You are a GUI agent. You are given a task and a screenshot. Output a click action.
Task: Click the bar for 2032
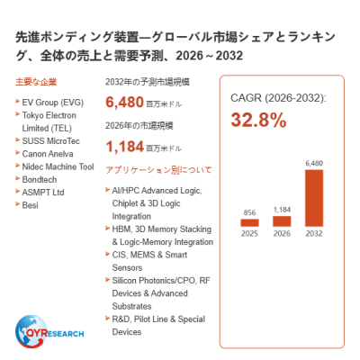(x=314, y=198)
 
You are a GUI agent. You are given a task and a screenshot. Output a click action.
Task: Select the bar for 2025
(x=249, y=222)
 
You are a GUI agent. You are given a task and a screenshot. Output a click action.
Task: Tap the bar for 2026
(x=282, y=221)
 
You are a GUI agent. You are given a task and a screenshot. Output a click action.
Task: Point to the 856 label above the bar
(x=249, y=212)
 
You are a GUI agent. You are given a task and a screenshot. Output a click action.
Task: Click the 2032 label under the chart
(x=314, y=233)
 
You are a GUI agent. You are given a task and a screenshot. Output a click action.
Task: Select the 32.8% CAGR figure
(x=258, y=120)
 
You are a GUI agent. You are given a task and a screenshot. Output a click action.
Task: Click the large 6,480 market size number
(x=124, y=102)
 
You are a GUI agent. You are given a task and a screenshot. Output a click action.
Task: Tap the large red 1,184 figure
(x=125, y=147)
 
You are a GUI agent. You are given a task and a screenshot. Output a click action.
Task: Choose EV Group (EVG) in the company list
(x=53, y=103)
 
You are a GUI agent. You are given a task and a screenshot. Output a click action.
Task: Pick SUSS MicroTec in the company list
(x=51, y=141)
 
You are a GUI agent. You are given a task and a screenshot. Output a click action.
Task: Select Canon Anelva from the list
(x=48, y=154)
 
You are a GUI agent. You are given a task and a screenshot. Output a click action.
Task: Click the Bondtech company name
(x=40, y=180)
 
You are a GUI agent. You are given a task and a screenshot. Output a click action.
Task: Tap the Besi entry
(x=30, y=205)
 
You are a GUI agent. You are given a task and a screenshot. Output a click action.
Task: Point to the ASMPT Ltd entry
(x=43, y=193)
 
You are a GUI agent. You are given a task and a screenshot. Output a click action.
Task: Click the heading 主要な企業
(x=36, y=82)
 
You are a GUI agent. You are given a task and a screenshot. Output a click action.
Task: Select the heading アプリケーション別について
(x=158, y=170)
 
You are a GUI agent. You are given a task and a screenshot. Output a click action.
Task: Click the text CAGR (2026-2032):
(x=278, y=98)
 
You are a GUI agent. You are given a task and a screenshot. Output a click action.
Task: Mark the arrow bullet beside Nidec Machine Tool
(x=17, y=166)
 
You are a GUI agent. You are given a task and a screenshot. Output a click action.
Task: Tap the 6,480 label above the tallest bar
(x=314, y=164)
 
